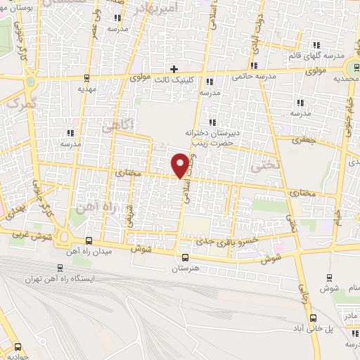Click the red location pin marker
pos(181,165)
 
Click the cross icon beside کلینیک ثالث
pos(173,69)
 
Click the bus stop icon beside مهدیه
pos(86,77)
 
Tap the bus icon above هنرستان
pos(184,257)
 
